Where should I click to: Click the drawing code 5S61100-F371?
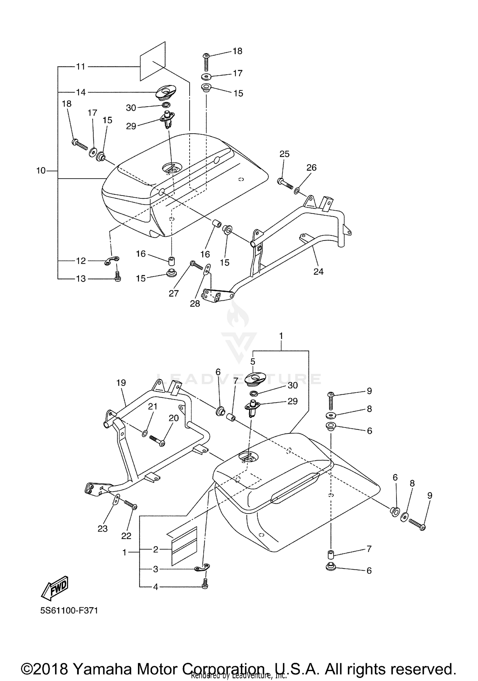coord(69,611)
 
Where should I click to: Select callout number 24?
coord(318,271)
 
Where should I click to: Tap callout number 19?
coord(121,383)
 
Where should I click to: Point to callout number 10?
coord(41,171)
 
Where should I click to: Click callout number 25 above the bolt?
coord(284,154)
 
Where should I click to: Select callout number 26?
coord(311,167)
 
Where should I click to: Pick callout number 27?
coord(174,293)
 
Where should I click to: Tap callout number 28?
coord(195,304)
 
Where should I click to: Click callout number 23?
coord(103,529)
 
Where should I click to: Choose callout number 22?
coord(126,536)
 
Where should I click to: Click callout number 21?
coord(153,406)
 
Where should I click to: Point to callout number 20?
coord(173,418)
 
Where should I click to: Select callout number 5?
coord(253,362)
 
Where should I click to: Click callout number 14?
coord(81,92)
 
